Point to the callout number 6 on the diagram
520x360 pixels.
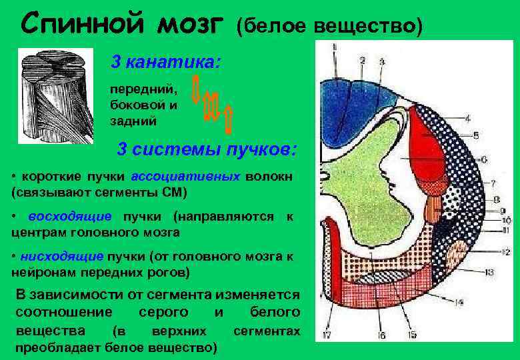point(483,159)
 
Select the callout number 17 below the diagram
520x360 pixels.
point(326,335)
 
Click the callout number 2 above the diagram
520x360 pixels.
point(362,61)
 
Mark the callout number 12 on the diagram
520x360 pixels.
point(505,251)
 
